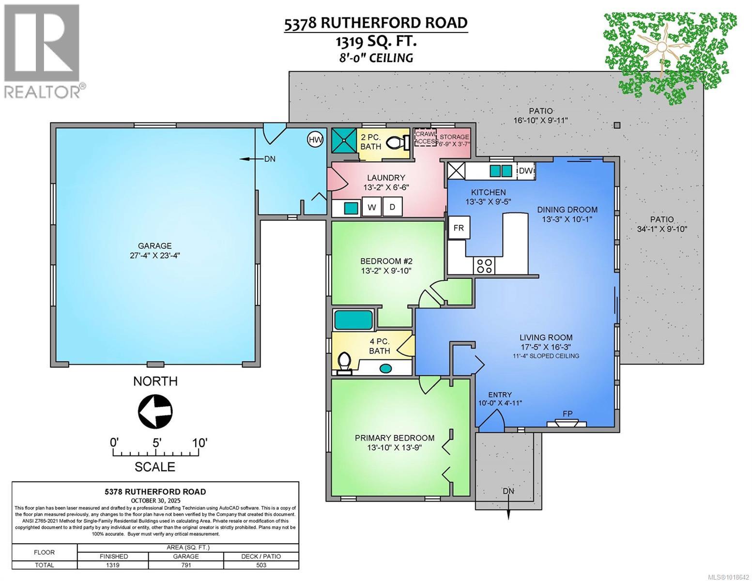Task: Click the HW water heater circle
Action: tap(315, 140)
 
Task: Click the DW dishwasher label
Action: tap(526, 171)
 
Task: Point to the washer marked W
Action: tap(372, 207)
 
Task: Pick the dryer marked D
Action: tap(393, 207)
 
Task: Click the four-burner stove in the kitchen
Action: tap(484, 266)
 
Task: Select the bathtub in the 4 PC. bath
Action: tap(353, 320)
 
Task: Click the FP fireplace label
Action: tap(568, 414)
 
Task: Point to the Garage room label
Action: tap(154, 246)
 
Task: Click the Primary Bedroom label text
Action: tap(394, 438)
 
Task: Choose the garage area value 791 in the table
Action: tap(186, 565)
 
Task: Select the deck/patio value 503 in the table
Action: tap(261, 565)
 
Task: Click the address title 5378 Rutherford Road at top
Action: tap(376, 23)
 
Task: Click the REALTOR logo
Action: tap(43, 50)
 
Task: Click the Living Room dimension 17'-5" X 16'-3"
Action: tap(546, 347)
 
